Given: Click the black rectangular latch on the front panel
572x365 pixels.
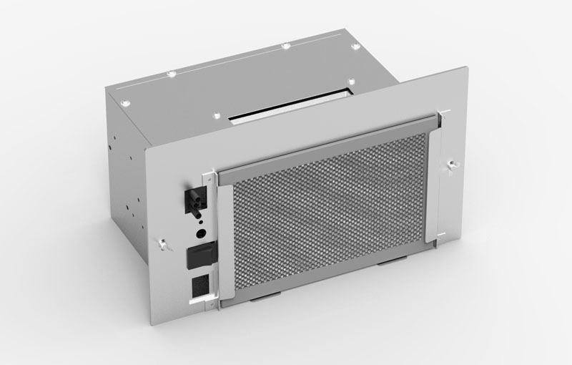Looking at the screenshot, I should [199, 255].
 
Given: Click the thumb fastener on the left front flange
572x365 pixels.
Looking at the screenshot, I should [164, 245].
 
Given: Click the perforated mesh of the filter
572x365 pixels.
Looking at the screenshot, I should [329, 215].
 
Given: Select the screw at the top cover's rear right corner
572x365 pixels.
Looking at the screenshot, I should [355, 47].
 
